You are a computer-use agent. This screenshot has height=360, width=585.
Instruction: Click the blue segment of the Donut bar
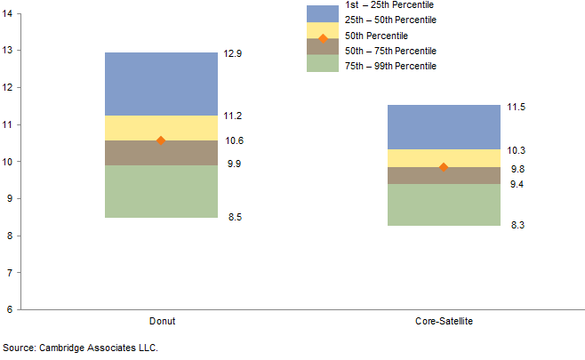pyautogui.click(x=161, y=84)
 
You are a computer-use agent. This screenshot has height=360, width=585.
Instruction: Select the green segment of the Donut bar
pyautogui.click(x=161, y=191)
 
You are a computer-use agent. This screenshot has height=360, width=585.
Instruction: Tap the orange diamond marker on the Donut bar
pyautogui.click(x=161, y=140)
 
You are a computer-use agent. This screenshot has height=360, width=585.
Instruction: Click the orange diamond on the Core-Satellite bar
pyautogui.click(x=444, y=167)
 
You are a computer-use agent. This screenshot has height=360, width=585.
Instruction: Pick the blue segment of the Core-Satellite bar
pyautogui.click(x=444, y=127)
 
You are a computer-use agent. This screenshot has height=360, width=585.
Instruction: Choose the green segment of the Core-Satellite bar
pyautogui.click(x=444, y=204)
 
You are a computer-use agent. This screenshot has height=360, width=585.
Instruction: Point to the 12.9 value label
pyautogui.click(x=233, y=54)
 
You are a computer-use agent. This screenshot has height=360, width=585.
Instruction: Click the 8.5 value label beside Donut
pyautogui.click(x=233, y=218)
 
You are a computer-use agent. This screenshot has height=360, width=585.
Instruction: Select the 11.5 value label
pyautogui.click(x=516, y=107)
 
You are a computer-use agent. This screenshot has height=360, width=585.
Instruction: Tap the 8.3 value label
pyautogui.click(x=516, y=226)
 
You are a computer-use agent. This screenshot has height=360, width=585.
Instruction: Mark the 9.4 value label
pyautogui.click(x=516, y=184)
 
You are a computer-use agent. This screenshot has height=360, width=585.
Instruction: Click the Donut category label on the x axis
pyautogui.click(x=161, y=320)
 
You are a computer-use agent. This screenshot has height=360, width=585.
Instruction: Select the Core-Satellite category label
pyautogui.click(x=444, y=320)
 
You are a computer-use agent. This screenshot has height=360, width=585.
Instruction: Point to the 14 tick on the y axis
pyautogui.click(x=8, y=13)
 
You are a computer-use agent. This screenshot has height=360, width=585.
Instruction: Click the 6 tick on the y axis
pyautogui.click(x=8, y=309)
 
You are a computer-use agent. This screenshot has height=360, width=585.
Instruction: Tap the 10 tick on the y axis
pyautogui.click(x=8, y=162)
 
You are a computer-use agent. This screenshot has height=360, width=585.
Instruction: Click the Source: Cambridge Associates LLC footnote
pyautogui.click(x=73, y=348)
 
